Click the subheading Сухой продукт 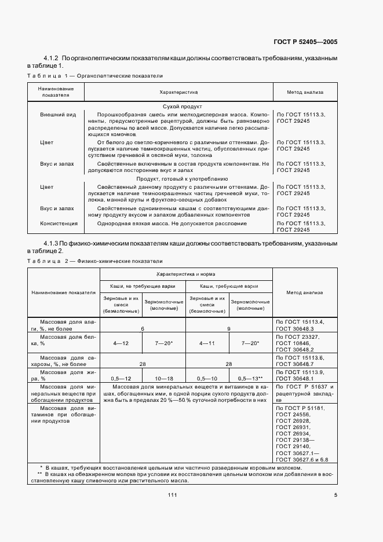[x=178, y=107]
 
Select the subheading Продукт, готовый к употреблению [x=178, y=180]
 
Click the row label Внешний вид [x=58, y=115]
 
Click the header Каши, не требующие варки [x=143, y=286]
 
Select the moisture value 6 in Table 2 [x=143, y=328]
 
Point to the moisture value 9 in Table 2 [x=229, y=328]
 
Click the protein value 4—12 [x=121, y=343]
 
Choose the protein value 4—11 [x=207, y=343]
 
